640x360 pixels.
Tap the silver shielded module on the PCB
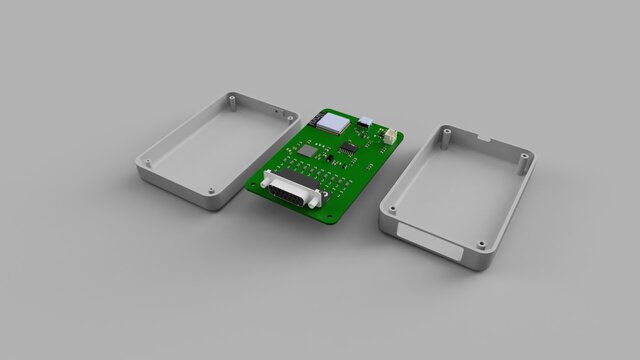pyautogui.click(x=331, y=123)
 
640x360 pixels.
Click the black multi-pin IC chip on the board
pyautogui.click(x=349, y=147)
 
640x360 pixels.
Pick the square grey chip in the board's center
pyautogui.click(x=309, y=151)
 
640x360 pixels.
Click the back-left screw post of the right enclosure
pyautogui.click(x=446, y=131)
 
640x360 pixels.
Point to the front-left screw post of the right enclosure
pyautogui.click(x=392, y=210)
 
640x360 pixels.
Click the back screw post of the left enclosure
pyautogui.click(x=232, y=99)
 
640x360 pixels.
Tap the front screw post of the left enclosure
pyautogui.click(x=213, y=189)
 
